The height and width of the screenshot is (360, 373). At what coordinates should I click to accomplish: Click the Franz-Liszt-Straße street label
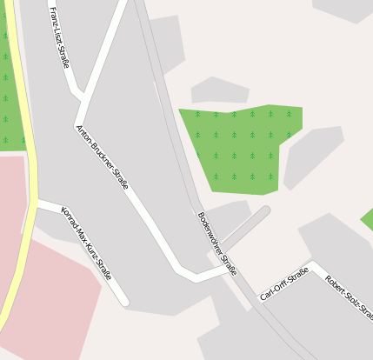(60, 43)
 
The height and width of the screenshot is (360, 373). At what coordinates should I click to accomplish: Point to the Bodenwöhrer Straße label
(216, 243)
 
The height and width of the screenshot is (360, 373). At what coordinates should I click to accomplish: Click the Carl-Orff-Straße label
(284, 284)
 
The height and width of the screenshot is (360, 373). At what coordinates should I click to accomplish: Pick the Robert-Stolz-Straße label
(349, 297)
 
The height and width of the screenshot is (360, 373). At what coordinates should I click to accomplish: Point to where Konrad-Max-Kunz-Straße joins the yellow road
(37, 203)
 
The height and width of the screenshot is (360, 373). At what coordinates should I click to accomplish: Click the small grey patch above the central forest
(218, 90)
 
